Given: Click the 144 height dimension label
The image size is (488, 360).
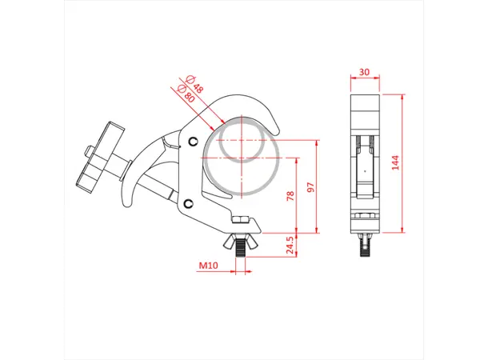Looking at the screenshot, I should pyautogui.click(x=394, y=162).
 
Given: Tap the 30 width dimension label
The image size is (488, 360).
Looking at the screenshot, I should pyautogui.click(x=365, y=72).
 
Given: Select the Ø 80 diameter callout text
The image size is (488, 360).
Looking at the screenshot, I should pyautogui.click(x=187, y=92).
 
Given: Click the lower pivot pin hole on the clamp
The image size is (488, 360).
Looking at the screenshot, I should pyautogui.click(x=187, y=203).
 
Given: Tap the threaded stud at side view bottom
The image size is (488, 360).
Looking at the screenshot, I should pyautogui.click(x=366, y=243).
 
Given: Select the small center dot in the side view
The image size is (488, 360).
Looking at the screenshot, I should pyautogui.click(x=366, y=170).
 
